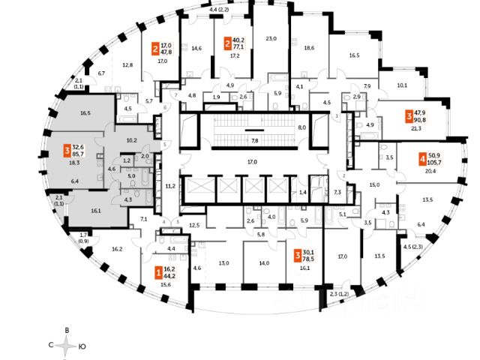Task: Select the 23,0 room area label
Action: point(271,38)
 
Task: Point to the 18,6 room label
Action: point(308,47)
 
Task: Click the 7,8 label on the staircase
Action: point(255,140)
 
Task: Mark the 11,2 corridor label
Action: point(169,186)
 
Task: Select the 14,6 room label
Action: point(196,49)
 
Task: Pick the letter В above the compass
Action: point(67,331)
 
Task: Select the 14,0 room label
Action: point(264,263)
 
